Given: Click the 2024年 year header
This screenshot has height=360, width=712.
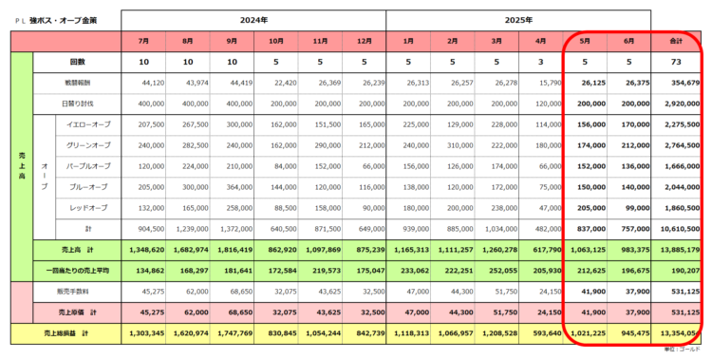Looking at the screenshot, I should click(x=254, y=19).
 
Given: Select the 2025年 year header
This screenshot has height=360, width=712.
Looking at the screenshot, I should click(x=517, y=19).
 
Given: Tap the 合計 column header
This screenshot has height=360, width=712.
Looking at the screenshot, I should click(x=677, y=42).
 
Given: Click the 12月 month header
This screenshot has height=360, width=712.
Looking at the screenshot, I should click(x=364, y=42).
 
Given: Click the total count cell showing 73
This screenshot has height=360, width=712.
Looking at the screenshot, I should click(x=677, y=62).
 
